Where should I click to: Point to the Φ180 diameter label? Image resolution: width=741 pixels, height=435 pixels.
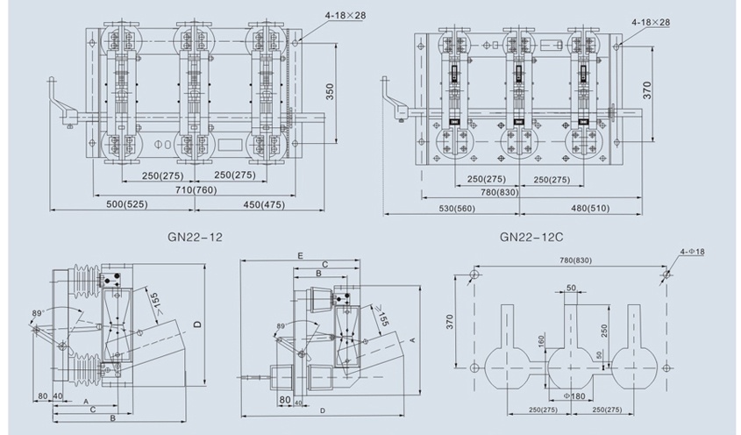574,396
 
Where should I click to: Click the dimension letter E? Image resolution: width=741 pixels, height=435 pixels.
300,254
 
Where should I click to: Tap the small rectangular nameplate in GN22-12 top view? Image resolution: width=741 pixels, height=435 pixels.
231,139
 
